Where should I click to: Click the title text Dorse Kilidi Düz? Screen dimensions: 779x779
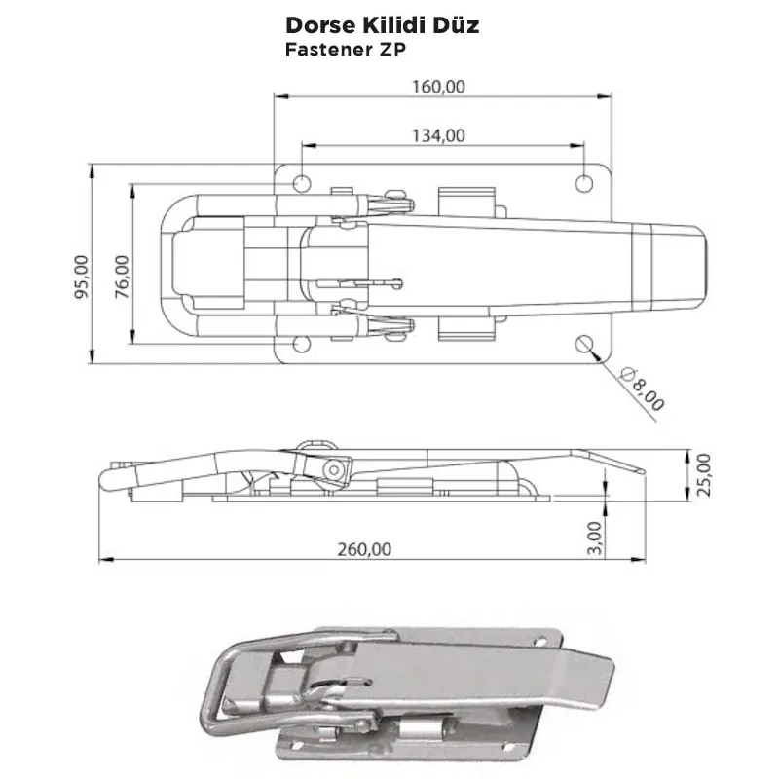382,24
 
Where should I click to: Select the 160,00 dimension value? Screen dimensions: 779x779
437,86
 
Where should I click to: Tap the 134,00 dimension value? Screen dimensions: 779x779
438,135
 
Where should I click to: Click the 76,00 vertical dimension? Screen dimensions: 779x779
122,275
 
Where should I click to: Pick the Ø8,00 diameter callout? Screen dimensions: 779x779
644,389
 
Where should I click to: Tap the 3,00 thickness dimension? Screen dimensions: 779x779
597,536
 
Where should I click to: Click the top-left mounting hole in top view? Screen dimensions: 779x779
303,183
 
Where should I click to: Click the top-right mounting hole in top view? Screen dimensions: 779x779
584,183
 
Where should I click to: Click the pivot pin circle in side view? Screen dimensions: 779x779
337,468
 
